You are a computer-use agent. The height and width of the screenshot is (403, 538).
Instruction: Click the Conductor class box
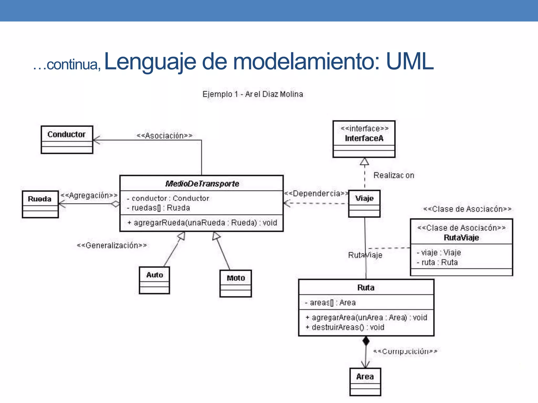(67, 140)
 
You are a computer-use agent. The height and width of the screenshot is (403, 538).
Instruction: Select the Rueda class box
(40, 204)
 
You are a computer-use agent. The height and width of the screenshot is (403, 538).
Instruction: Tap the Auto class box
(154, 280)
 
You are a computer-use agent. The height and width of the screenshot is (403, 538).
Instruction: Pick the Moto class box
(236, 283)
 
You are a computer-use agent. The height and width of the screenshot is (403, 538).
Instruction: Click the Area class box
(365, 381)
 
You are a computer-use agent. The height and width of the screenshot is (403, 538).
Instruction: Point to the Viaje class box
(364, 204)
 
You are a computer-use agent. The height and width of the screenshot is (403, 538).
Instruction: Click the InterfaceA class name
(364, 138)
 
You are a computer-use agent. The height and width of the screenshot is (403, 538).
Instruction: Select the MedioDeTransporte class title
(202, 184)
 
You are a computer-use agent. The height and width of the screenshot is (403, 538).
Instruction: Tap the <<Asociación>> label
(165, 136)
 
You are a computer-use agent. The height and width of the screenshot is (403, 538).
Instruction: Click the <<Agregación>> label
(89, 195)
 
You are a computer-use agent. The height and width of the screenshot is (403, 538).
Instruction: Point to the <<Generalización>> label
(112, 245)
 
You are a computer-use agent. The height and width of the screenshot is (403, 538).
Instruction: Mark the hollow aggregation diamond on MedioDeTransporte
(115, 204)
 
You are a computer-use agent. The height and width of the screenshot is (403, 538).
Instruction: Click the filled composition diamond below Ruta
(366, 341)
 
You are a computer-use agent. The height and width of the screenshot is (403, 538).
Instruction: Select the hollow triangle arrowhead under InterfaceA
(364, 162)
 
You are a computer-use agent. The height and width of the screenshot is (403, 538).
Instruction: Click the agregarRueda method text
(202, 223)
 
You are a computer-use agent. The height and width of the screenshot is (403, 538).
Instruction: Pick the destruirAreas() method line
(345, 327)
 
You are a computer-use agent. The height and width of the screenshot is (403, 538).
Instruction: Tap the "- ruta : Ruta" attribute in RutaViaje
(437, 262)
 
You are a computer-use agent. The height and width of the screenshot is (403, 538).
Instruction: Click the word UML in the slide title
(410, 62)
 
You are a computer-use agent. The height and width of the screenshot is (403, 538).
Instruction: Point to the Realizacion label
(394, 175)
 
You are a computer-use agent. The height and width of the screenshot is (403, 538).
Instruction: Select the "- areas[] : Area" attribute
(330, 303)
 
